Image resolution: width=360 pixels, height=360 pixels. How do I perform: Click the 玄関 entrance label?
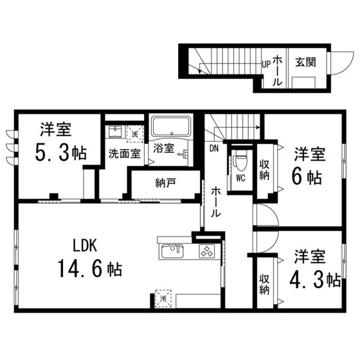pos(305,62)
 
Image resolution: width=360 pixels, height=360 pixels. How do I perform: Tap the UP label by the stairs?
pos(266,64)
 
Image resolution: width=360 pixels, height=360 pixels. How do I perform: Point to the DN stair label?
pos(214,148)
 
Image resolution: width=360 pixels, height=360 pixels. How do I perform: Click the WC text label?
pos(240,178)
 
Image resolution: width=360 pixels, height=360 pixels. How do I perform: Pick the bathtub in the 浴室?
pos(172,126)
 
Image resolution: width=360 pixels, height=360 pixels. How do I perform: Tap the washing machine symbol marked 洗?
pos(135,134)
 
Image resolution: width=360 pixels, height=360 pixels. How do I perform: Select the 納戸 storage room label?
pos(166,183)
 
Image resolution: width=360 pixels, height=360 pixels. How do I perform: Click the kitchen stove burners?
pos(207,251)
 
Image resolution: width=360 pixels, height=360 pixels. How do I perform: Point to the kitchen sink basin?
pos(172,251)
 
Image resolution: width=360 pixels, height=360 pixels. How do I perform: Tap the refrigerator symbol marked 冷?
pos(163,298)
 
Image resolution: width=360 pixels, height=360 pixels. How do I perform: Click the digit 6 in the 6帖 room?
pos(297,177)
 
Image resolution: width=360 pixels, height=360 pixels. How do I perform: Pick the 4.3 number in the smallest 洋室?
pos(307,280)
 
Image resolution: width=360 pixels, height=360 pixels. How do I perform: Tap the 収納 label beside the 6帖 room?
pos(264,170)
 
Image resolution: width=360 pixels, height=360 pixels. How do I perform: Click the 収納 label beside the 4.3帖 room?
pos(264,284)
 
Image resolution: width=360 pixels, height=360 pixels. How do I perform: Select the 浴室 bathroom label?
pos(163,148)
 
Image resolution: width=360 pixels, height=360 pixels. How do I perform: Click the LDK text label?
pos(85,246)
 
